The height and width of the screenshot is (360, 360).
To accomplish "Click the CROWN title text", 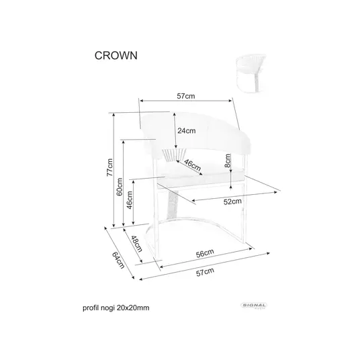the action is point(116,56).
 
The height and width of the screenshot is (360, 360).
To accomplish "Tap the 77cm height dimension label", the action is point(109,167).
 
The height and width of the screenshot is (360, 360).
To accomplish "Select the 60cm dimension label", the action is point(120,187).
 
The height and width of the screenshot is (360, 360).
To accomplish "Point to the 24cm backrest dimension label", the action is point(187,131).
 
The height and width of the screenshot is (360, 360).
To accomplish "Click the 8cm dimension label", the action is point(227,161).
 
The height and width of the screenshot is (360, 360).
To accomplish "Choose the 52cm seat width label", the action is point(232,201).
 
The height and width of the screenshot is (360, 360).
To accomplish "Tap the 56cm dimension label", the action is point(205,253).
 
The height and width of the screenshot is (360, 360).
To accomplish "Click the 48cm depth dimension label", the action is point(136,244).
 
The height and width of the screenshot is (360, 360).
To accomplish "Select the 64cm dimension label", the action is point(118,260).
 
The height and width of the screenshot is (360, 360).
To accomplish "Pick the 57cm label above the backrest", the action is point(186,96).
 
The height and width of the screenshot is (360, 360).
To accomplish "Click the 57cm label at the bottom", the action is point(205,272).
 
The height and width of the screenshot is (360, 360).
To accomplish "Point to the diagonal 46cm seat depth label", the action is point(192,165).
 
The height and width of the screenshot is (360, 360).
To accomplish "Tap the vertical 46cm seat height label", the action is point(130,200).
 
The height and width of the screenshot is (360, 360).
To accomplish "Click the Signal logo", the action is point(254,306).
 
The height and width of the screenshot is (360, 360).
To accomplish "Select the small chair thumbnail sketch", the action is point(251,73).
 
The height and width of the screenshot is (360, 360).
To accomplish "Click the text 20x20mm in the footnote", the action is point(133,308).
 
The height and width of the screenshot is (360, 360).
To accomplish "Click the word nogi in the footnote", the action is point(107,308).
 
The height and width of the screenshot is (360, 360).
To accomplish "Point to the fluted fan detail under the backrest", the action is point(174,154).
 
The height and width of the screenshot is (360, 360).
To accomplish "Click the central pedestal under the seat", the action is point(173,204).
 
